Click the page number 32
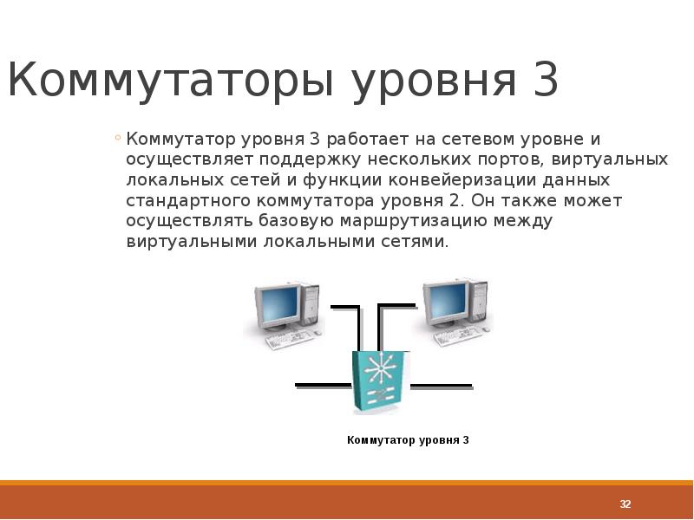pyautogui.click(x=625, y=504)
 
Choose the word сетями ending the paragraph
pyautogui.click(x=416, y=242)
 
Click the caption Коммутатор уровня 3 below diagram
pyautogui.click(x=408, y=440)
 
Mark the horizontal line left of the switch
pyautogui.click(x=323, y=384)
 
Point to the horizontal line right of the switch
pyautogui.click(x=441, y=385)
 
